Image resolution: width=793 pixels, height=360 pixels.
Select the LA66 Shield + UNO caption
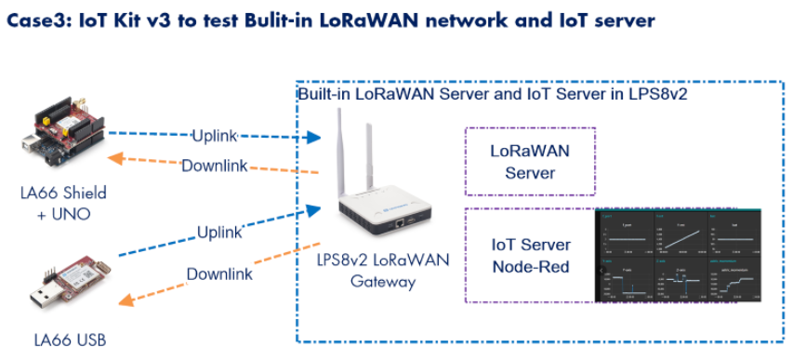pos(63,203)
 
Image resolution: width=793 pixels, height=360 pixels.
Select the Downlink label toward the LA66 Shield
pos(214,166)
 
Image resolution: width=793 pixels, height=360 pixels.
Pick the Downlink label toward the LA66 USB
pos(219,274)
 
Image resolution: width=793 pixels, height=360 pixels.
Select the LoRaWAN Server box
pos(529,161)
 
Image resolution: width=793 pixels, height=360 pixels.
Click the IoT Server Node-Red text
pos(529,256)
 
